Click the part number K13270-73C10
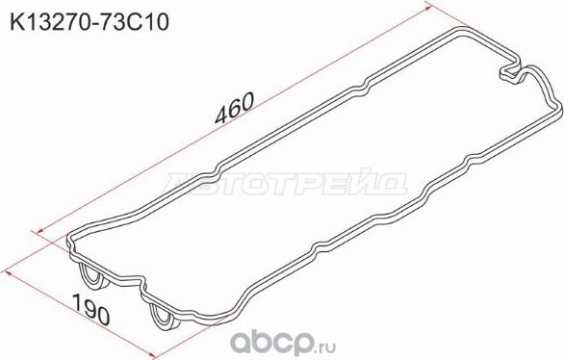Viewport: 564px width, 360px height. [89, 20]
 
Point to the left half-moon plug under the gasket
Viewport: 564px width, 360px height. [94, 277]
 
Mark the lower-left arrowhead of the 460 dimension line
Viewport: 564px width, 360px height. [37, 231]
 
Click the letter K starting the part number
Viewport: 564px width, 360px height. [14, 20]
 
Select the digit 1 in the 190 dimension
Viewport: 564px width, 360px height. [76, 304]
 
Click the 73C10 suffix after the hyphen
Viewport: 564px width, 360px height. [135, 20]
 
